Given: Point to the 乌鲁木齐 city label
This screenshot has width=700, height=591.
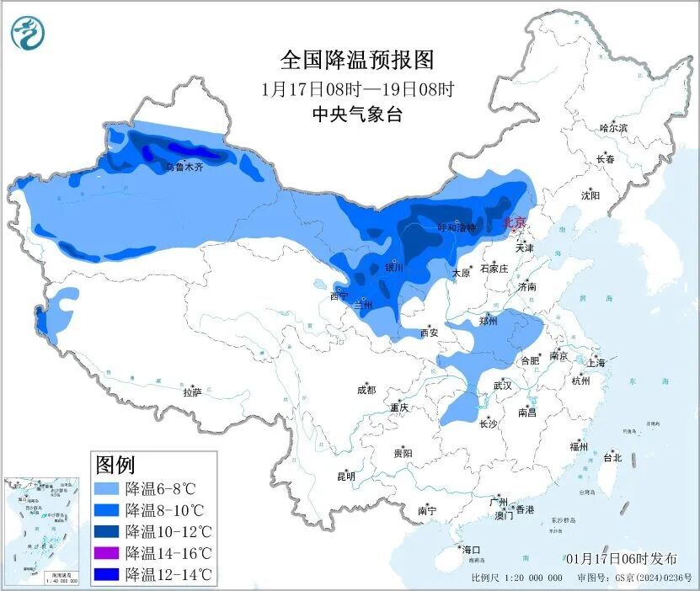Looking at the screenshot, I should (184, 168).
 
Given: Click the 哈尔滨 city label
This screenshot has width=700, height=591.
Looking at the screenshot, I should (612, 128).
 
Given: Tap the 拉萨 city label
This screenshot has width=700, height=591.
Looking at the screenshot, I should (192, 391).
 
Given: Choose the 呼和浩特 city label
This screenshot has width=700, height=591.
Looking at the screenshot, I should (457, 228).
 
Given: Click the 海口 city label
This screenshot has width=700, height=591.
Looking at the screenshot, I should (470, 550).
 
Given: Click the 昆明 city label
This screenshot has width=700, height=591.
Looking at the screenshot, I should (346, 476).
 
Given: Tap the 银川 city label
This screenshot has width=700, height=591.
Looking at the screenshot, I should (394, 268).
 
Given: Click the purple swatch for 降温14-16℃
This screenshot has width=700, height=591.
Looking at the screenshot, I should (107, 553).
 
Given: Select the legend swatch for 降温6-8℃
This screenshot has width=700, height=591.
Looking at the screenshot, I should (107, 488).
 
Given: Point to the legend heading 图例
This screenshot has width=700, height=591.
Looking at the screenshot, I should (115, 464).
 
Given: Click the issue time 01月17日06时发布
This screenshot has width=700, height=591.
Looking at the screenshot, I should (621, 558).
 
